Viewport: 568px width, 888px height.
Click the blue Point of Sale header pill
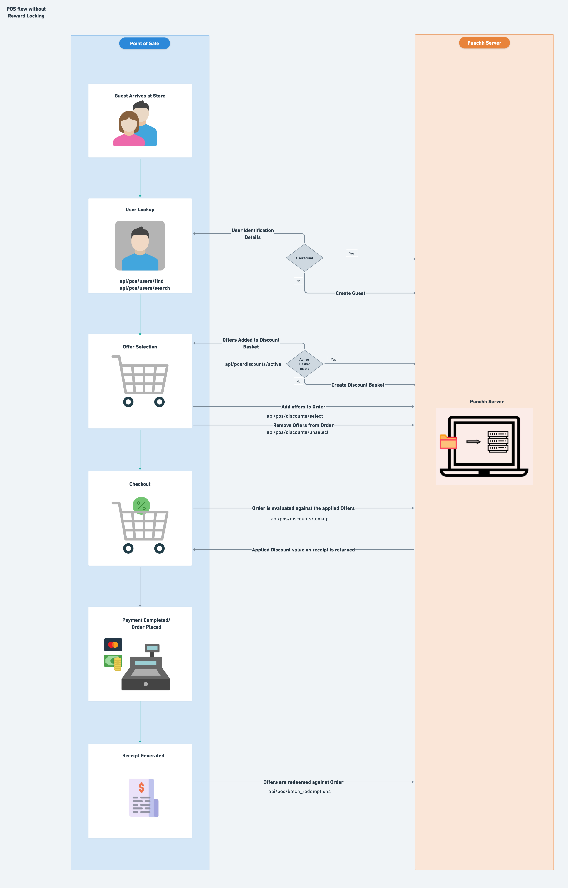coord(144,43)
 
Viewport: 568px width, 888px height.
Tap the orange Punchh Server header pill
coord(484,43)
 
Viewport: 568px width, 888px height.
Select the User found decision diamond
coord(304,258)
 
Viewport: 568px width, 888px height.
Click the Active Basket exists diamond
coord(304,364)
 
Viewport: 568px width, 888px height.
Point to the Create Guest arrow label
coord(350,293)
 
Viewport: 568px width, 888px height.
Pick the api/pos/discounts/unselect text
coord(298,432)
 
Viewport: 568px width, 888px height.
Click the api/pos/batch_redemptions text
coord(299,791)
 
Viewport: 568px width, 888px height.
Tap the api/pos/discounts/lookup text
coord(299,519)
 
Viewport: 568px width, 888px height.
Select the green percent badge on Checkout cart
coord(141,505)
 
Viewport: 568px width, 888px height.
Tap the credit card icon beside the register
coord(113,645)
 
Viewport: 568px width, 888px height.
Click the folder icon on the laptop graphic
coord(448,442)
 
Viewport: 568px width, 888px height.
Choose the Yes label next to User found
coord(352,253)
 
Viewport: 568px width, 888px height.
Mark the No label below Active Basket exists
coord(298,381)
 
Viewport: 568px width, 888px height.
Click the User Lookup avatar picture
coord(140,246)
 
